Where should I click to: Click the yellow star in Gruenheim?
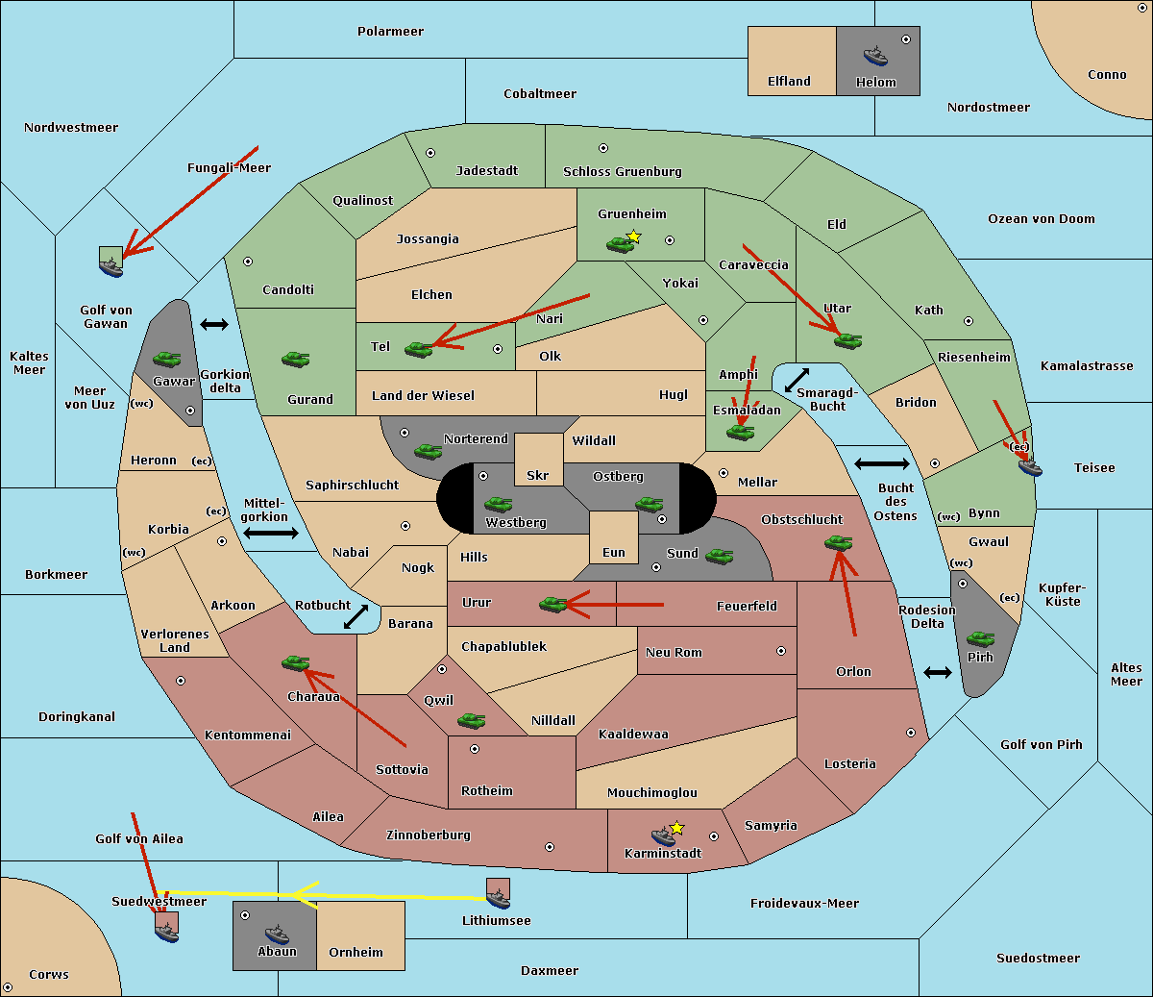click(x=633, y=237)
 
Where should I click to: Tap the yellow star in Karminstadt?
click(x=676, y=828)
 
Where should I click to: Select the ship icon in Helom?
click(x=875, y=55)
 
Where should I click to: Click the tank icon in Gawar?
click(x=167, y=359)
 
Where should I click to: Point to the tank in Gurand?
click(x=295, y=359)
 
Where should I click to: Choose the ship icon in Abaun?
click(x=277, y=933)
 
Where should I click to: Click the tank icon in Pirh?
click(x=980, y=639)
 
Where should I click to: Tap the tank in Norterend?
click(x=428, y=451)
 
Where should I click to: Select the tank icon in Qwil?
click(x=471, y=720)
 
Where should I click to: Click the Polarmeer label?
click(x=390, y=32)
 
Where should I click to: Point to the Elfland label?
click(x=789, y=82)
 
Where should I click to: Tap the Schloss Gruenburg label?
click(x=622, y=172)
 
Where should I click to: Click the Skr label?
click(x=538, y=476)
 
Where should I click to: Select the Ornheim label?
click(x=356, y=953)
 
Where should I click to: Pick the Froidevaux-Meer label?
click(x=804, y=904)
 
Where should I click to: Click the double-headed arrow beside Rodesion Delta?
click(x=938, y=672)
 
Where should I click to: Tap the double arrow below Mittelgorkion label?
click(x=271, y=533)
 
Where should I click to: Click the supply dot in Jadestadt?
click(x=430, y=152)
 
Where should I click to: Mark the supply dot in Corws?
click(x=8, y=987)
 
